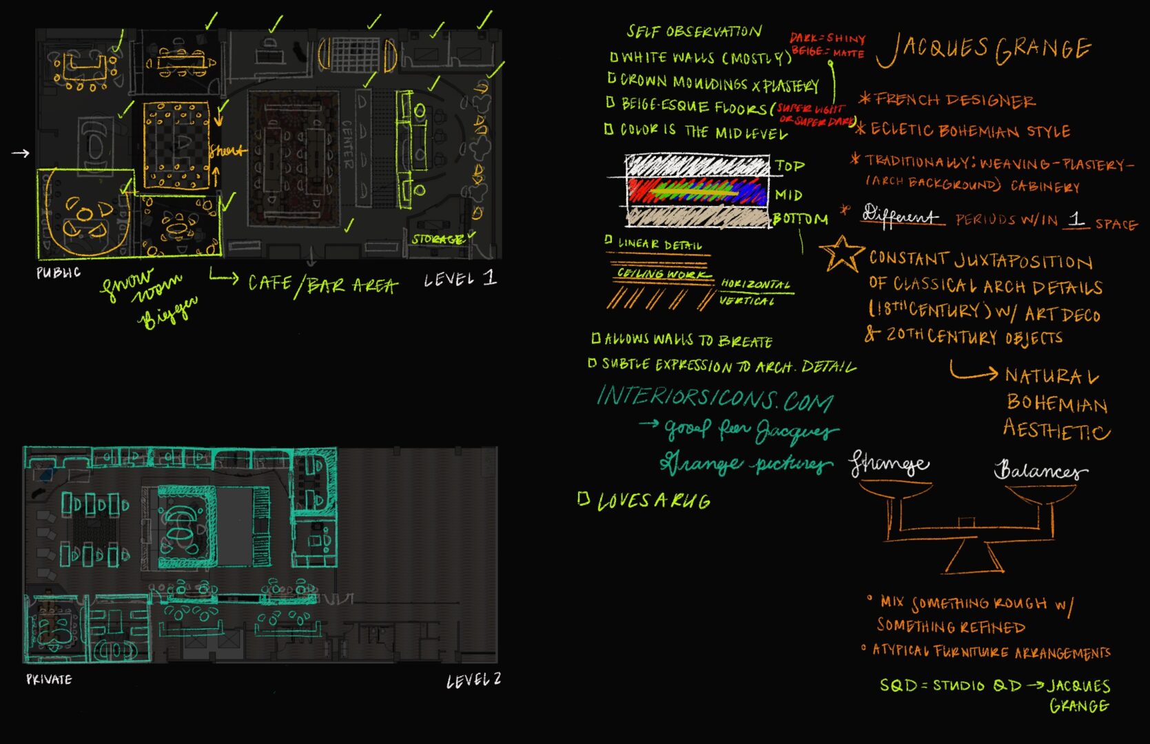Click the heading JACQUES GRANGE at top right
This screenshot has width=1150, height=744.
tap(983, 49)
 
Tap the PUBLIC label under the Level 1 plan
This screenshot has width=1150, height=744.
tap(59, 273)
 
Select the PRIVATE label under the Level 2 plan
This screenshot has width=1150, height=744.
tap(49, 679)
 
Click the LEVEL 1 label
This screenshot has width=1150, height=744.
tap(460, 278)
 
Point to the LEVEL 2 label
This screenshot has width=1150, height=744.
tap(473, 681)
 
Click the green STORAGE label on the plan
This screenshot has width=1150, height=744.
tap(438, 239)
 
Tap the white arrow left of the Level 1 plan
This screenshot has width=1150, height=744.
tap(21, 153)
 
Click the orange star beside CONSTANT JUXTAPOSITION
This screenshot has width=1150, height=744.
tap(841, 254)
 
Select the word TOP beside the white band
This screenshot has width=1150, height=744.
tap(790, 166)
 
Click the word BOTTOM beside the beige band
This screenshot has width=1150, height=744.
tap(800, 219)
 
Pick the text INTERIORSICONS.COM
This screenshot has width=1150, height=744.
tap(715, 397)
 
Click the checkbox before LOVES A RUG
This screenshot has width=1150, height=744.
tap(584, 499)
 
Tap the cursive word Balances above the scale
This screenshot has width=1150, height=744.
tap(1040, 471)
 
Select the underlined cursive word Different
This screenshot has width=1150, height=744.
tap(900, 216)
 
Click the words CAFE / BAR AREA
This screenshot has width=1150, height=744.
tap(322, 284)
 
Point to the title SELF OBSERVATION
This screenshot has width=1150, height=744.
tap(693, 32)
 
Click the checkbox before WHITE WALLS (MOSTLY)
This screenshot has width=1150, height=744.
tap(614, 57)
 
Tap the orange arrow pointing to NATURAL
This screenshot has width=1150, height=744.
tap(974, 372)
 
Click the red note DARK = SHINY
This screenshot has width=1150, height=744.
tap(827, 38)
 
